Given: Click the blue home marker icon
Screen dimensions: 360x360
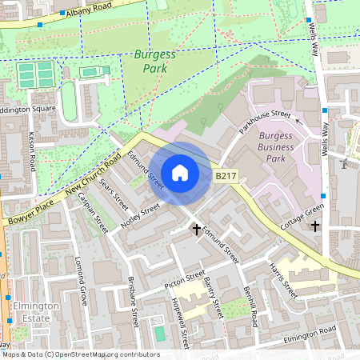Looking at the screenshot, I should pos(180,173).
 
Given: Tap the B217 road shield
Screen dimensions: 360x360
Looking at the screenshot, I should pos(226,175).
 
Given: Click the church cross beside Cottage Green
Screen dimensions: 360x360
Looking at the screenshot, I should pos(315,227).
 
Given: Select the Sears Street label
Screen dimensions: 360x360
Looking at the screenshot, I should pos(114,192).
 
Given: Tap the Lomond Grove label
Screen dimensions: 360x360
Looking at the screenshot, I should pos(80,282).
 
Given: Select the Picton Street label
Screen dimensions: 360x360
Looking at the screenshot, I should pos(185,278).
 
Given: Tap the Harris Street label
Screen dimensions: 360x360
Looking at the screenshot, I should pos(283,280).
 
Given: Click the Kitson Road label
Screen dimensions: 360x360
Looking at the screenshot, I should pos(33,151).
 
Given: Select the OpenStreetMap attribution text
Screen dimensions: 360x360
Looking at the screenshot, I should pos(80,354).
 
